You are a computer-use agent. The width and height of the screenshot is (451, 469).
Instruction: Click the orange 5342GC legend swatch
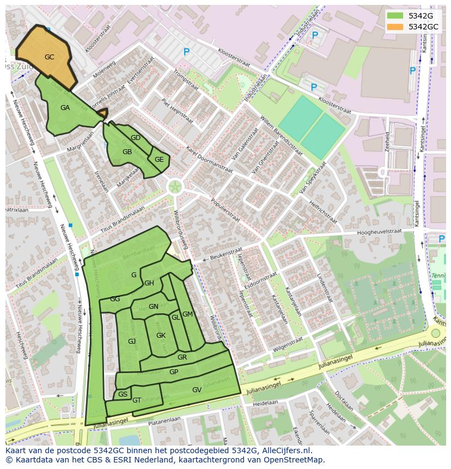[395, 27]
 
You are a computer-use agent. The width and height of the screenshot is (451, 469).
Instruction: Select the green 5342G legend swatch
[395, 16]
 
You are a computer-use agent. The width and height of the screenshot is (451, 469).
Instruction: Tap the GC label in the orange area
[50, 57]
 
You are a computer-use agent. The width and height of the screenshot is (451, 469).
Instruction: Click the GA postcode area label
[65, 108]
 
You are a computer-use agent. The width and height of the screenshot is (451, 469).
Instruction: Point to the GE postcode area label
[159, 160]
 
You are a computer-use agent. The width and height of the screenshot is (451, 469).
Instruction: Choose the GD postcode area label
[136, 138]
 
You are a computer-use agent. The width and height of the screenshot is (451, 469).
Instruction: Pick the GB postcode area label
[127, 152]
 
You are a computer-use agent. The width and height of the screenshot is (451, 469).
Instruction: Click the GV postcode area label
[197, 389]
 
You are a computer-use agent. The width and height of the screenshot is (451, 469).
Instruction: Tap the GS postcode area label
[123, 394]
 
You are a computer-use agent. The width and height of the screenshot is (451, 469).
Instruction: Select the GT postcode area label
[137, 400]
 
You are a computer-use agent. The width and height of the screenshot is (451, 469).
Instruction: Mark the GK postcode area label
[161, 336]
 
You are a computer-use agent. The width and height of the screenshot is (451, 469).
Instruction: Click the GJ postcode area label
[132, 341]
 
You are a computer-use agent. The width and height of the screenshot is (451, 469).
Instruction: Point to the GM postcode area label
[187, 314]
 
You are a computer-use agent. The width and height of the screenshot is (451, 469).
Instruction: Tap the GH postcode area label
[149, 283]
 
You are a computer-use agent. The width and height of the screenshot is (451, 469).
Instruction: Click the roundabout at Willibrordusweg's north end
[175, 187]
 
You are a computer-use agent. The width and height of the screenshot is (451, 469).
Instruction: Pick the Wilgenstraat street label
[288, 343]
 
